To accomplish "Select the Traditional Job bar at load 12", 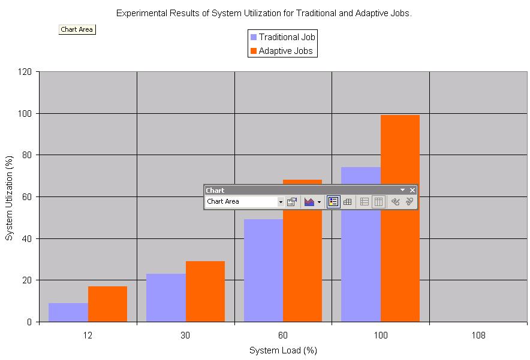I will pyautogui.click(x=68, y=312).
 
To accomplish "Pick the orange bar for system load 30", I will pyautogui.click(x=205, y=291).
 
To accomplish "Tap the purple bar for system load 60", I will pyautogui.click(x=263, y=270).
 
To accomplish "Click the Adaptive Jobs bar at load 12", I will pyautogui.click(x=107, y=304).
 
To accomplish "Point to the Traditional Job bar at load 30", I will pyautogui.click(x=166, y=298).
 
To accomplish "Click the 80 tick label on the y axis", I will pyautogui.click(x=26, y=155).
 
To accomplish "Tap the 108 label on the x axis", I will pyautogui.click(x=478, y=335).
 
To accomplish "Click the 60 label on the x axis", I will pyautogui.click(x=283, y=335).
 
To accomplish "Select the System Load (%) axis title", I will pyautogui.click(x=283, y=350).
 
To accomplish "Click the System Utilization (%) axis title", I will pyautogui.click(x=9, y=197).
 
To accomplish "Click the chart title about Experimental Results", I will pyautogui.click(x=264, y=13).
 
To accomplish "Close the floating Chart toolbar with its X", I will pyautogui.click(x=412, y=190).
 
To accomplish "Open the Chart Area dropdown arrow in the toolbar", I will pyautogui.click(x=281, y=202).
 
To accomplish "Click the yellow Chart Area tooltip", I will pyautogui.click(x=77, y=29).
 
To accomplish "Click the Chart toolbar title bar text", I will pyautogui.click(x=215, y=190).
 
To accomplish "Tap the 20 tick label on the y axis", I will pyautogui.click(x=26, y=280).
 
